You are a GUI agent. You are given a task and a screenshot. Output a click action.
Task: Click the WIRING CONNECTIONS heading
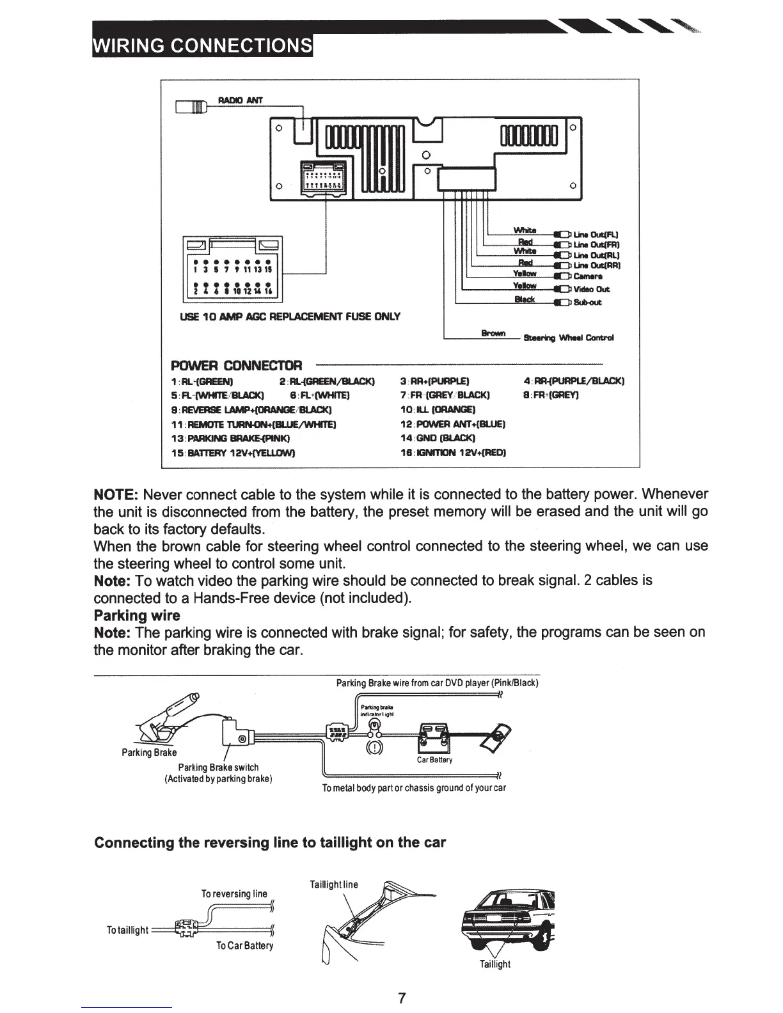[203, 45]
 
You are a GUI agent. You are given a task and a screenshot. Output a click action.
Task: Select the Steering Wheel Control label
[569, 338]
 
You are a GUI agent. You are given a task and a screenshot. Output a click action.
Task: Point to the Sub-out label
[587, 302]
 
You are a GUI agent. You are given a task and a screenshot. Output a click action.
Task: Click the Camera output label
[588, 277]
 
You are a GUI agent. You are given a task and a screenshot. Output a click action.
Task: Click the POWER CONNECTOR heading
[236, 366]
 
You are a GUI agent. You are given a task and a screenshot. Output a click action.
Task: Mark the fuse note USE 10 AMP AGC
[291, 317]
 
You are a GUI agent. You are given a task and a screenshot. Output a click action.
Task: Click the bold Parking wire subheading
[137, 615]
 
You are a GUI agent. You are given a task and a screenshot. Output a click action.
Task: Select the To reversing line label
[234, 893]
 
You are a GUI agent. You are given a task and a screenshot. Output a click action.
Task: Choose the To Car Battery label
[245, 945]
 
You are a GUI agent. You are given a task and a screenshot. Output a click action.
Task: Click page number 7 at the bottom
[402, 998]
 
